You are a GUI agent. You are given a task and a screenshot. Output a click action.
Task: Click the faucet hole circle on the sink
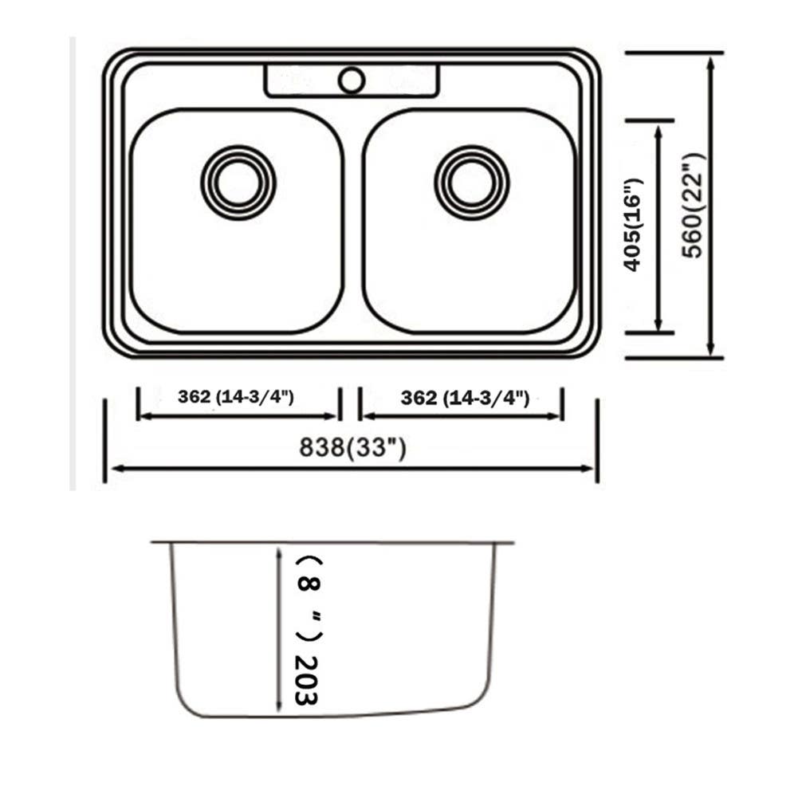tap(352, 80)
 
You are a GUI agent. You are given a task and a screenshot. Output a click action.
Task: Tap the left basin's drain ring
tap(238, 182)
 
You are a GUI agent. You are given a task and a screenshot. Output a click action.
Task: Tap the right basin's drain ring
tap(471, 182)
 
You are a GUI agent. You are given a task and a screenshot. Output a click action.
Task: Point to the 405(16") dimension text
tap(633, 225)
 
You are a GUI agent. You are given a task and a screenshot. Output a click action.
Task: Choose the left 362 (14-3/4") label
tap(237, 397)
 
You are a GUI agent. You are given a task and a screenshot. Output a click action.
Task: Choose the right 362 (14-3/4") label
tap(465, 397)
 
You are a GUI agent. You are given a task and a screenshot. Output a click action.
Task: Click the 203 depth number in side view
tap(305, 680)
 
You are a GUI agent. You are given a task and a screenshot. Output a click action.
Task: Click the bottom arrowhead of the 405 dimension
tap(658, 324)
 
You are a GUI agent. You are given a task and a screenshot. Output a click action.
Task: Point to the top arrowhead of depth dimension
tap(278, 552)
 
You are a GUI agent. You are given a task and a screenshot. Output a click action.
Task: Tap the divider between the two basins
tap(353, 223)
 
